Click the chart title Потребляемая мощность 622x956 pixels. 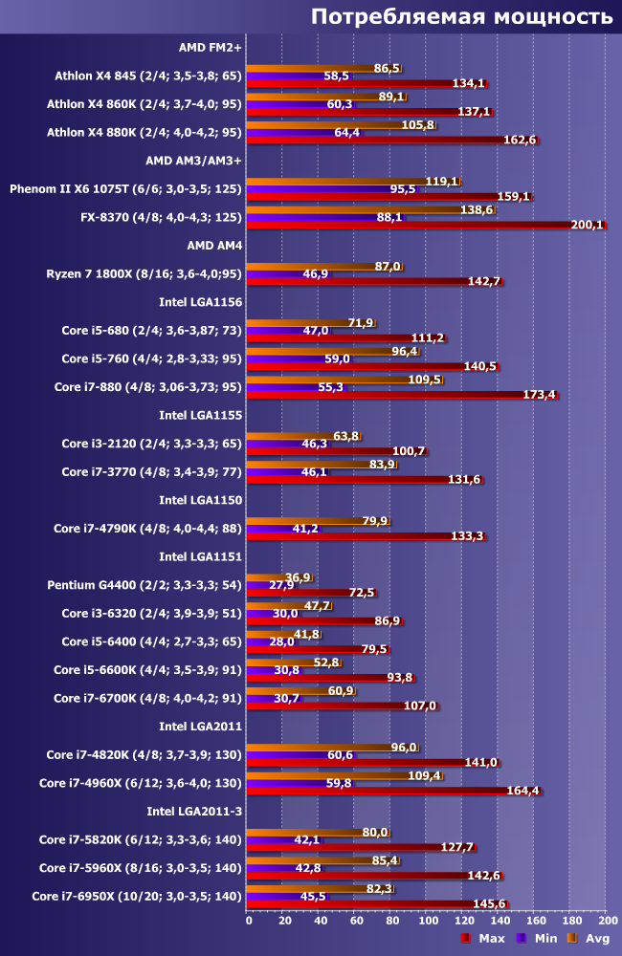click(461, 17)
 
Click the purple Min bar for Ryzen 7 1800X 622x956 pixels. click(274, 273)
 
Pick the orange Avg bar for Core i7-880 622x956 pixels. click(330, 380)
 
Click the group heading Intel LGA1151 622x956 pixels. click(200, 555)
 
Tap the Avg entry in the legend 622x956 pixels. click(589, 938)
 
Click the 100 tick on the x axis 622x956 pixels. click(427, 920)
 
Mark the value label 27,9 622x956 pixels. click(281, 585)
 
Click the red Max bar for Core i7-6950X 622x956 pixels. click(364, 903)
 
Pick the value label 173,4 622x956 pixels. click(540, 394)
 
